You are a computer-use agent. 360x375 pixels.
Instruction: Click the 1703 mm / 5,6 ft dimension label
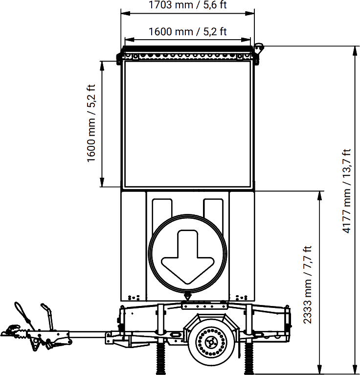click(x=188, y=6)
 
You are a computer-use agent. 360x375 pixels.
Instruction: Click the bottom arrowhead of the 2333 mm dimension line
click(x=320, y=370)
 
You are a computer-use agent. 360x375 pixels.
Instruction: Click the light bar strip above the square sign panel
click(x=188, y=56)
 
